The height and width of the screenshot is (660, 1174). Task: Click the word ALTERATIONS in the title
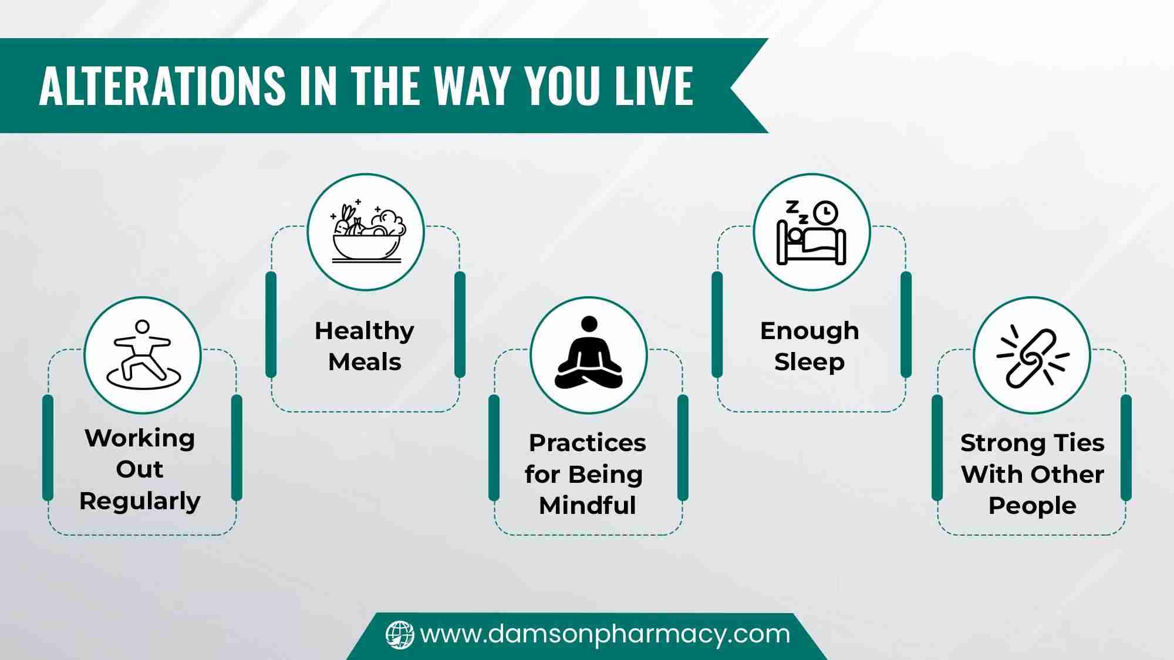coord(162,86)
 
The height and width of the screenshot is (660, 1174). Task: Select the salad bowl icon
coord(367,232)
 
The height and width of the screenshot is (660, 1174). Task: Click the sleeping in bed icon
coord(811,232)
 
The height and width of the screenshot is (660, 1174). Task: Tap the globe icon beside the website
coord(400,635)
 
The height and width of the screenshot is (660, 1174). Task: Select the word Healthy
coord(365,331)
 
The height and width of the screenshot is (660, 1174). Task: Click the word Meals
coord(365,362)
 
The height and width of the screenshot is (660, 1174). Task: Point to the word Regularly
coord(140,502)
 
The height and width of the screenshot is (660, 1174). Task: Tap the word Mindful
coord(588,505)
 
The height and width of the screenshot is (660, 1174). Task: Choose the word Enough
coord(809,331)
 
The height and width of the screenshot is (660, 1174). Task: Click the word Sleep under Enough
coord(809,363)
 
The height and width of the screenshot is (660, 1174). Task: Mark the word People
coord(1033,506)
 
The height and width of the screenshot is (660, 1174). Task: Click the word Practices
coord(588,443)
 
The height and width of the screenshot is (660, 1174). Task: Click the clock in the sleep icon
coord(826,213)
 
